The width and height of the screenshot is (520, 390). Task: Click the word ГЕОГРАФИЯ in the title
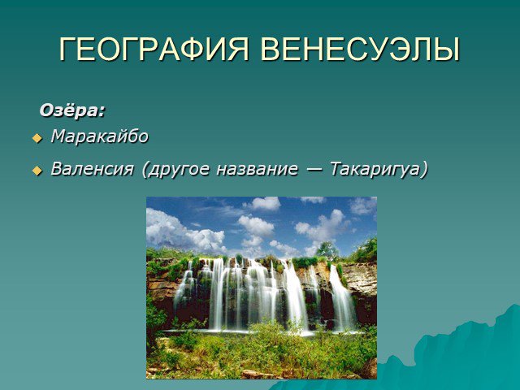coord(154,49)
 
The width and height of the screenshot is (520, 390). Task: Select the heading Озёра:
coord(72,110)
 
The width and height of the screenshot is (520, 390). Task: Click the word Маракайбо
coord(99,136)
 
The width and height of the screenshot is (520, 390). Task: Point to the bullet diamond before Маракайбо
coord(37,138)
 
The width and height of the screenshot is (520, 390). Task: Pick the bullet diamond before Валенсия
coord(37,171)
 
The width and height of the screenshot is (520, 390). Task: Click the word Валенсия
coord(92,169)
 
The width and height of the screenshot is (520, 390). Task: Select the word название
coord(257,169)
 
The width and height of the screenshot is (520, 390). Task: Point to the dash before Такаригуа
coord(314,170)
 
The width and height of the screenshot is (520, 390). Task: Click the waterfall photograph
coord(262,288)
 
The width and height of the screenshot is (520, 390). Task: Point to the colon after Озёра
coord(102,112)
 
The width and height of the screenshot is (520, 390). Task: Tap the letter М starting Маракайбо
coord(58,136)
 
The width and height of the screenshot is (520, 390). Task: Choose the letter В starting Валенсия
coord(56,169)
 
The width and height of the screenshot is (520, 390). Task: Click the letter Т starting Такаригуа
coord(336,169)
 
